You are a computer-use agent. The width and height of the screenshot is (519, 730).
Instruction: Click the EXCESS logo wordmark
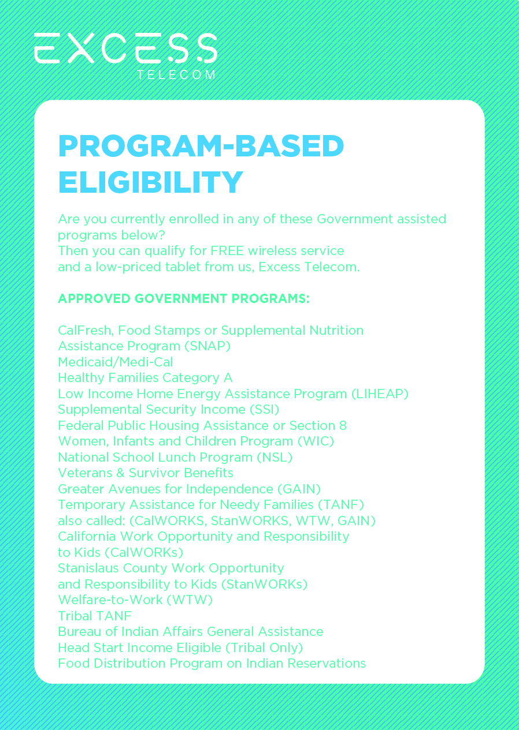(x=125, y=48)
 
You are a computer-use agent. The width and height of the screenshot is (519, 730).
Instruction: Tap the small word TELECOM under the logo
(x=176, y=75)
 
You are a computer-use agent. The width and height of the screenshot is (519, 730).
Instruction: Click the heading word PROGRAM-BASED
(x=201, y=147)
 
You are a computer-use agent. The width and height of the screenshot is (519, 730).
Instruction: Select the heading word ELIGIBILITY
(x=150, y=182)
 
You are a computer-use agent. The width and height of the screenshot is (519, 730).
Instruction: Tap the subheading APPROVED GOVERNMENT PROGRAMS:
(x=184, y=299)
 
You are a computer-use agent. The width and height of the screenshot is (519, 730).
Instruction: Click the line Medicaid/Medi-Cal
(x=115, y=362)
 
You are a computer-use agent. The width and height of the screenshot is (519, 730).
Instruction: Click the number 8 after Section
(x=343, y=426)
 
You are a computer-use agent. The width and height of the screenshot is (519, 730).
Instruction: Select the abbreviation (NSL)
(x=275, y=458)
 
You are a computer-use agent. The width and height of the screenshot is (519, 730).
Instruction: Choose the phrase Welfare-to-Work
(x=110, y=600)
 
